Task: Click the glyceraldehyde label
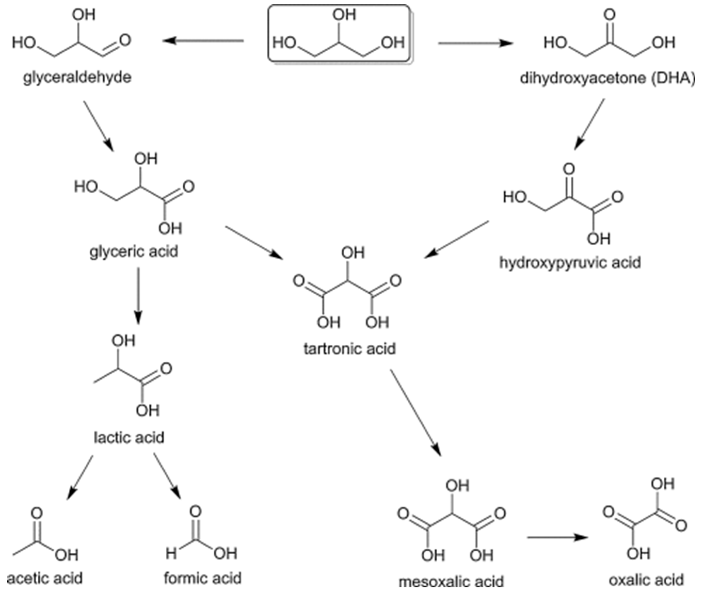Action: [77, 78]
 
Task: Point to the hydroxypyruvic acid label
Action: [570, 262]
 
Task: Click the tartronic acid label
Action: [350, 349]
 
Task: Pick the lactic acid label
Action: [129, 437]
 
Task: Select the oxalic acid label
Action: [646, 580]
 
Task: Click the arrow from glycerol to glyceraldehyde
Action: [203, 41]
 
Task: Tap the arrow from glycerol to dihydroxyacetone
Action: [476, 43]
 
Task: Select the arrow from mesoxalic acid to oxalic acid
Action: [558, 537]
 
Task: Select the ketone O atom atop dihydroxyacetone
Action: [610, 14]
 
